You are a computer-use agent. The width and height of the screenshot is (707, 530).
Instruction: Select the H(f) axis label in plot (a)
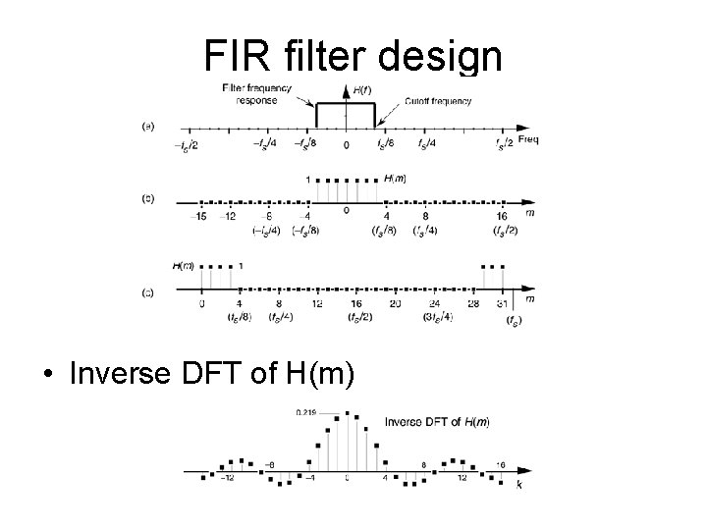click(x=360, y=89)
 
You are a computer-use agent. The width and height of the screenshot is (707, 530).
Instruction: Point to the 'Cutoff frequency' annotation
click(x=438, y=101)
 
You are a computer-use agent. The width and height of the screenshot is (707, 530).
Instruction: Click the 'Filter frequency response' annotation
click(x=258, y=95)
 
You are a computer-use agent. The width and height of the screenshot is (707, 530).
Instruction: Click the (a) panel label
click(x=147, y=126)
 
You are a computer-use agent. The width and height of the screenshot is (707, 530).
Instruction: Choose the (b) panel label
click(x=147, y=197)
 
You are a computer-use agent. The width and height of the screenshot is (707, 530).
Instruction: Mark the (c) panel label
click(x=147, y=291)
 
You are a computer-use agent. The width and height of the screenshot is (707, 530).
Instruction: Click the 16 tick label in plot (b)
click(x=502, y=217)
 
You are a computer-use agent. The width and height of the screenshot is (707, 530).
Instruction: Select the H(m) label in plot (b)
click(x=396, y=178)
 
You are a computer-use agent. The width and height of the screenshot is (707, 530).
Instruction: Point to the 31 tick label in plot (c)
click(x=502, y=303)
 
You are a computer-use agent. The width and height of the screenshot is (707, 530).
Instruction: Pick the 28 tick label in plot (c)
click(x=472, y=303)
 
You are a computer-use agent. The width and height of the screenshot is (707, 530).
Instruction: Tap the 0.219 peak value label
click(x=307, y=413)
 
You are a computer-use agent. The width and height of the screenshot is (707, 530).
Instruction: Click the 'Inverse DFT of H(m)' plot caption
click(x=437, y=421)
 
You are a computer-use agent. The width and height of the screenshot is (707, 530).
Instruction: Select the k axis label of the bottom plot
click(x=519, y=485)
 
